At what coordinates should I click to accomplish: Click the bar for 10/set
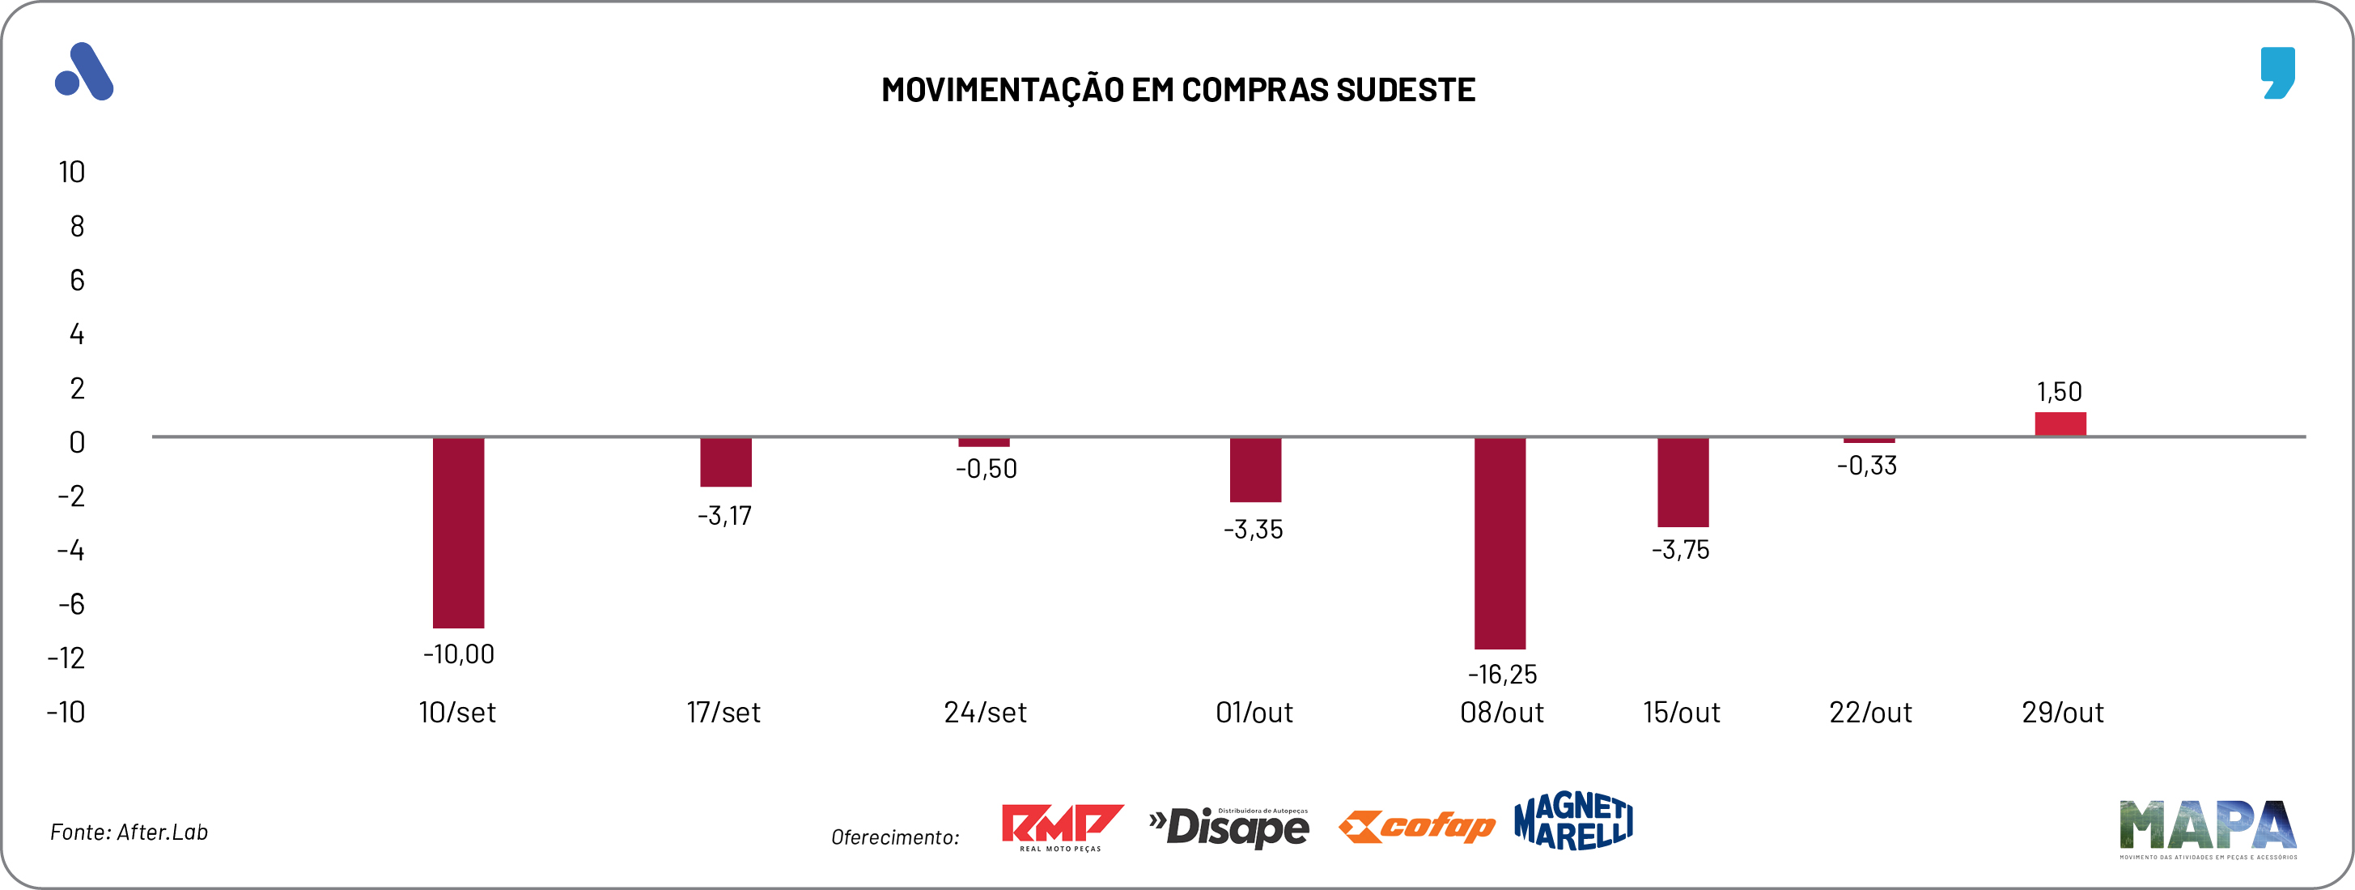(x=458, y=532)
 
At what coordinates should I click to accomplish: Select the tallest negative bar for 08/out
(x=1500, y=543)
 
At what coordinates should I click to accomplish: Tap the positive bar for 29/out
(x=2060, y=424)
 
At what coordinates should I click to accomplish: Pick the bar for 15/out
(x=1682, y=482)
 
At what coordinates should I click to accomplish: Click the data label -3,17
(x=724, y=516)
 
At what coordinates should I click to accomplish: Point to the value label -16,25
(x=1502, y=675)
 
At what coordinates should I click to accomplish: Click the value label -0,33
(x=1867, y=466)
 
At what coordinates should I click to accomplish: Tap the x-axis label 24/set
(x=985, y=713)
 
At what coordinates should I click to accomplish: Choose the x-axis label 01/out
(x=1254, y=713)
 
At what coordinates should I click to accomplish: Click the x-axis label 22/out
(x=1869, y=713)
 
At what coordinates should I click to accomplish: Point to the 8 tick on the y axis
(x=77, y=226)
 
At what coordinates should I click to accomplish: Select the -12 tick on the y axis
(x=66, y=658)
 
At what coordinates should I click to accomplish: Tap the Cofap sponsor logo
(x=1416, y=826)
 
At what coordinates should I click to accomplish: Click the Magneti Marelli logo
(x=1572, y=820)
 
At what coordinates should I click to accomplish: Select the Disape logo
(x=1228, y=827)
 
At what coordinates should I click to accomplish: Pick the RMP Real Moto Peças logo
(x=1062, y=827)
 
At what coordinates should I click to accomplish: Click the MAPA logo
(x=2207, y=828)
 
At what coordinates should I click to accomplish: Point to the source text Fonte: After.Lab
(x=129, y=833)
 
